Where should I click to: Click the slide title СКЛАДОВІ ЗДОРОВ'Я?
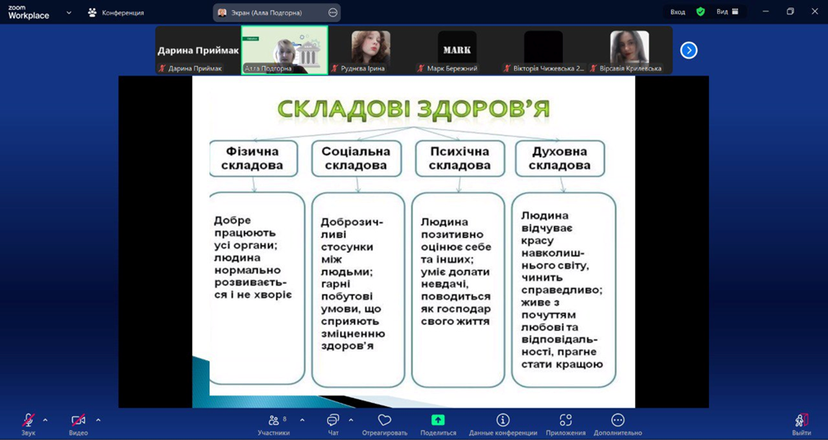click(413, 109)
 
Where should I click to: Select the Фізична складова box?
click(254, 158)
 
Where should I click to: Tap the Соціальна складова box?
click(356, 158)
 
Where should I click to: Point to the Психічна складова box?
click(459, 158)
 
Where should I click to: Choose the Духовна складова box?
click(559, 158)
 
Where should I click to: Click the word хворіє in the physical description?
click(273, 295)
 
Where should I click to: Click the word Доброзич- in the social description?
click(352, 222)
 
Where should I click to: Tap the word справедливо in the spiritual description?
click(562, 289)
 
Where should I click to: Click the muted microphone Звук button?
click(29, 424)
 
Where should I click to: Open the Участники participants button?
click(274, 424)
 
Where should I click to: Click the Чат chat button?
click(333, 424)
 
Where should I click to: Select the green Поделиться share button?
click(438, 424)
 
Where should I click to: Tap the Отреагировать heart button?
click(384, 424)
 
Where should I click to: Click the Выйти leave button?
click(802, 424)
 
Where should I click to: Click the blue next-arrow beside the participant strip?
click(688, 50)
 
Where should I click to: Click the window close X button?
click(814, 12)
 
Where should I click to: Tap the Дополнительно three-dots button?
click(618, 424)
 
